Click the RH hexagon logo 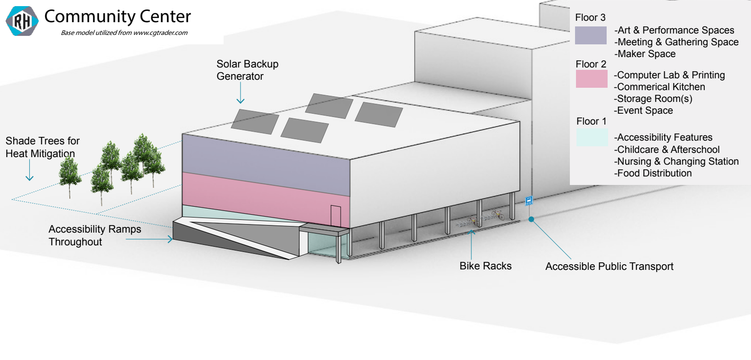(x=22, y=21)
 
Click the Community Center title (x=117, y=17)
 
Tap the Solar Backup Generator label (x=247, y=70)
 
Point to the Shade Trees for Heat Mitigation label (x=42, y=147)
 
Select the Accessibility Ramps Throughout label (x=95, y=235)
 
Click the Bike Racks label (x=485, y=266)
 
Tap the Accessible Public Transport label (x=609, y=267)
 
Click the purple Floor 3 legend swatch (x=591, y=35)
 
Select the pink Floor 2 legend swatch (x=592, y=79)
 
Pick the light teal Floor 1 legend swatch (x=592, y=137)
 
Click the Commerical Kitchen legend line (x=659, y=87)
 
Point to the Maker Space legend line (x=645, y=54)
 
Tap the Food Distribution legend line (x=653, y=173)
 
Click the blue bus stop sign (x=529, y=201)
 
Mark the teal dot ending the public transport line (x=531, y=219)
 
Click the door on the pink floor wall (x=335, y=216)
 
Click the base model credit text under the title (x=124, y=33)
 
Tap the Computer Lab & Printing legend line (x=669, y=75)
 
